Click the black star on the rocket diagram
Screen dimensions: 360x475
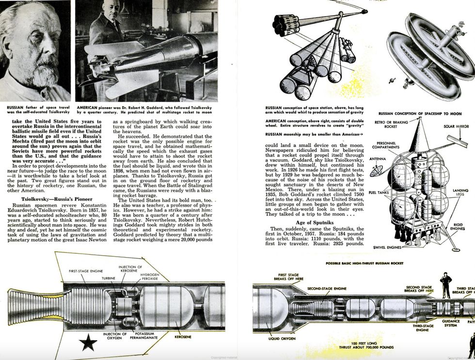(x=88, y=343)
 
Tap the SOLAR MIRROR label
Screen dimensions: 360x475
(x=455, y=127)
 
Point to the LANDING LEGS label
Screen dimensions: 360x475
(x=459, y=193)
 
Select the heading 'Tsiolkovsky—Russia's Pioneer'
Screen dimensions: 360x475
(x=53, y=198)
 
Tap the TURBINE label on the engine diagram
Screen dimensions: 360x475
(x=108, y=278)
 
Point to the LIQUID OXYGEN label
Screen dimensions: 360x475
(x=281, y=339)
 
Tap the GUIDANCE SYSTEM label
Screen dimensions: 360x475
(x=451, y=323)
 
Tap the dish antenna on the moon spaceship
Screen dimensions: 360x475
(x=376, y=170)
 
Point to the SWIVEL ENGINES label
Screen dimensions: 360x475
(x=387, y=247)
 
